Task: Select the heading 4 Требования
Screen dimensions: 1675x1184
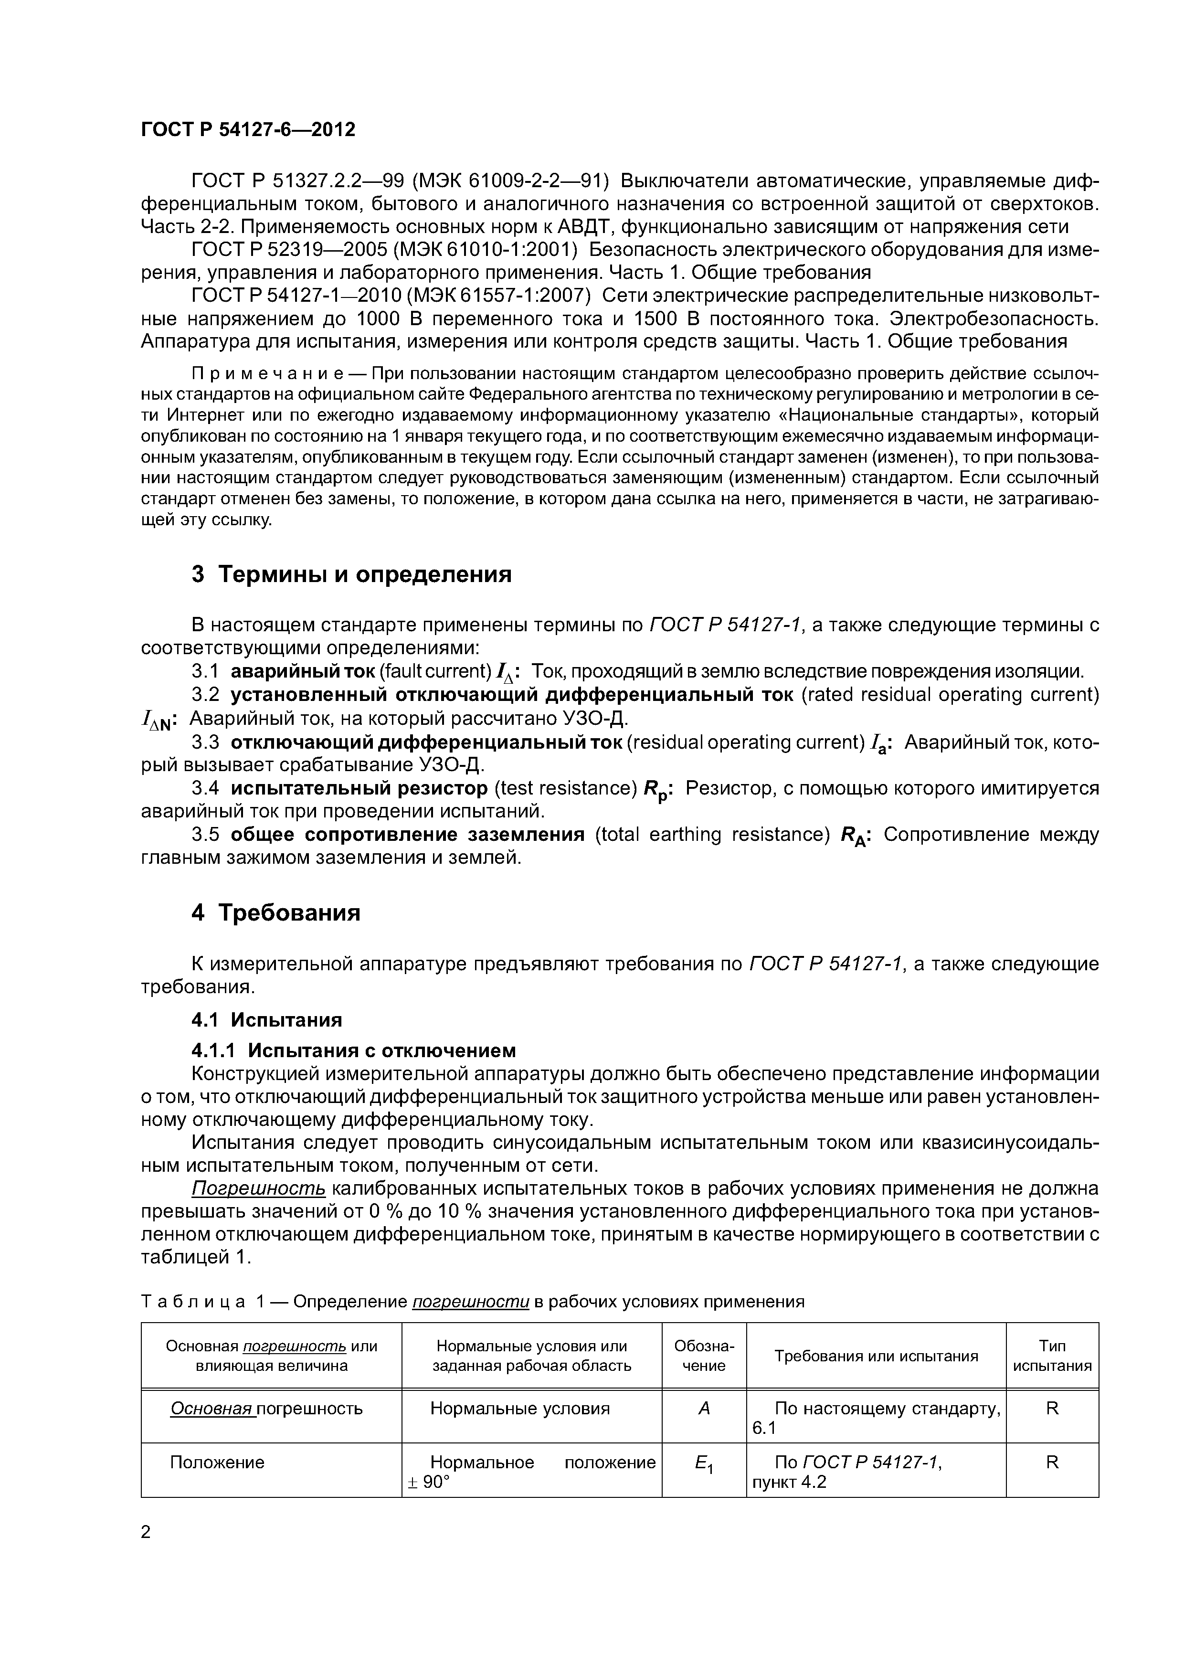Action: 276,912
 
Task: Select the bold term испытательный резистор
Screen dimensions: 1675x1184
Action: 359,789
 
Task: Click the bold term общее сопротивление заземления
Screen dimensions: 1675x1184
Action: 408,835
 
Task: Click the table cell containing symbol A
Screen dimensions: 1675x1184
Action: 703,1409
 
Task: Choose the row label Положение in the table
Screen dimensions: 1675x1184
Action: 217,1462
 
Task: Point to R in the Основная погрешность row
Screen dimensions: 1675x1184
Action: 1051,1409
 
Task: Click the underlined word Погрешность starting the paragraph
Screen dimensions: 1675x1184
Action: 258,1188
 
